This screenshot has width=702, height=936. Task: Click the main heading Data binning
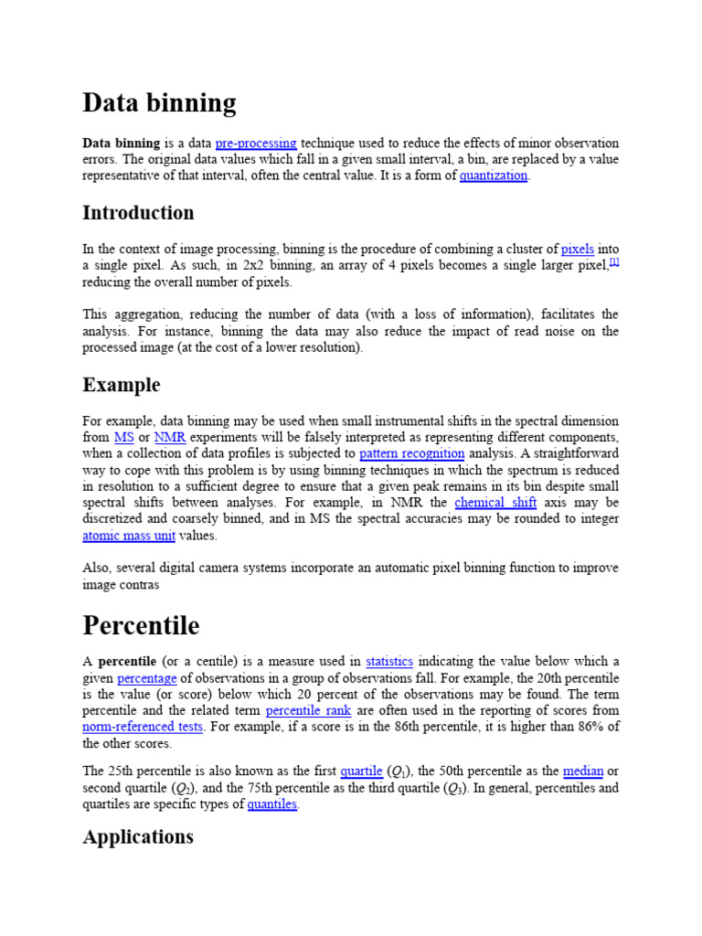[x=159, y=103]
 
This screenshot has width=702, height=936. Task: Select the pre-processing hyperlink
[x=256, y=144]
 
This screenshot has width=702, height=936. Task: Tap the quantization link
[x=494, y=176]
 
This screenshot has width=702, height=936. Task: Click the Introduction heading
[x=138, y=213]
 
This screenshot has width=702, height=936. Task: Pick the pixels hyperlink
[x=577, y=249]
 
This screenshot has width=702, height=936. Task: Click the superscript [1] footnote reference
[x=614, y=262]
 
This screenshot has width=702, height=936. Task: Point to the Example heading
[x=121, y=385]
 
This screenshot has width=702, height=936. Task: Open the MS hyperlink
[x=123, y=438]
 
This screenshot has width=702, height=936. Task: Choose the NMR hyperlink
[x=170, y=438]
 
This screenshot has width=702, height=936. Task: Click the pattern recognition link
[x=411, y=454]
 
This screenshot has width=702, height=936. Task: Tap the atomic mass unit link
[x=128, y=537]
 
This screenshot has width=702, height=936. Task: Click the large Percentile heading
[x=141, y=626]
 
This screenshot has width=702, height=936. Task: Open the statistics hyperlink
[x=389, y=662]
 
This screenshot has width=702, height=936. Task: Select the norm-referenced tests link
[x=142, y=728]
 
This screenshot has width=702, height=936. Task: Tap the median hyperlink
[x=583, y=771]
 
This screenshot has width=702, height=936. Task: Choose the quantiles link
[x=271, y=804]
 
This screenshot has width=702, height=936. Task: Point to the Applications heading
[x=138, y=837]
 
